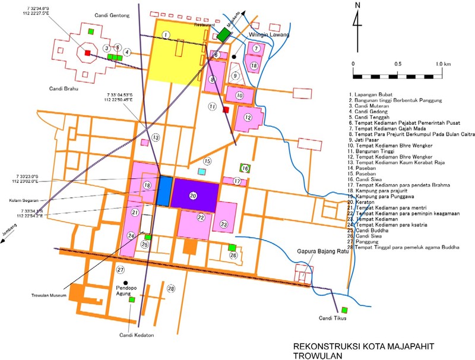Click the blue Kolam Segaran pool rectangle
tap(164, 191)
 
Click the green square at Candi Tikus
tap(344, 309)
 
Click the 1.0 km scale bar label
tap(442, 64)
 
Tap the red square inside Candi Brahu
tap(87, 53)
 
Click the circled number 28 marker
tap(172, 289)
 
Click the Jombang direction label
tap(8, 242)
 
